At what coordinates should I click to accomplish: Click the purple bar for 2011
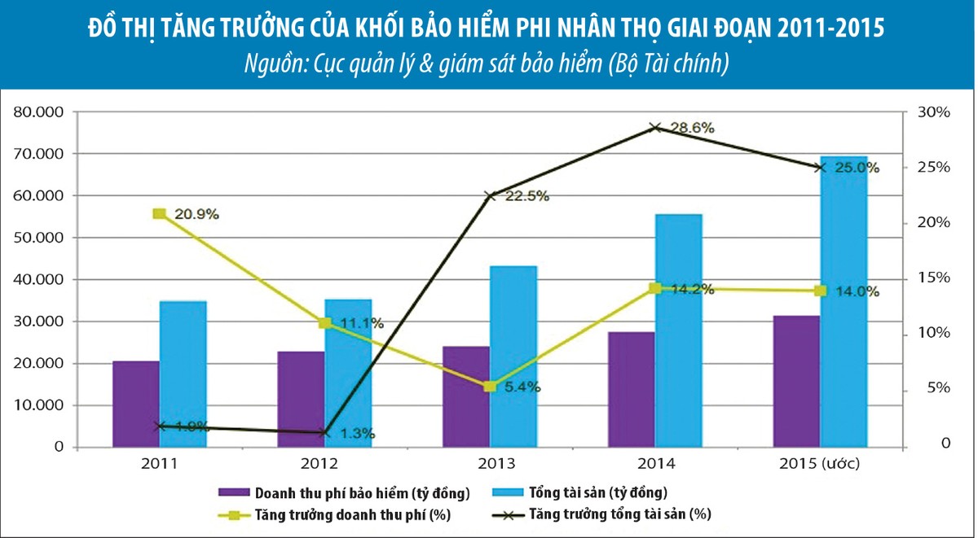pyautogui.click(x=136, y=404)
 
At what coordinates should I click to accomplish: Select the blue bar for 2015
pyautogui.click(x=844, y=301)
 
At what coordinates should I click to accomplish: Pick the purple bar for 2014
pyautogui.click(x=631, y=389)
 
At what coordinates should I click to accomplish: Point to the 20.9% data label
pyautogui.click(x=197, y=214)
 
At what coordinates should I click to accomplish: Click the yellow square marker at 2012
pyautogui.click(x=324, y=323)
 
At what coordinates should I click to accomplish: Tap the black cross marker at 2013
pyautogui.click(x=490, y=196)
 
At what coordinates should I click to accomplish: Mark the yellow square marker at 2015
pyautogui.click(x=820, y=291)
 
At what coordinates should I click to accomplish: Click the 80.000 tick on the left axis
pyautogui.click(x=40, y=112)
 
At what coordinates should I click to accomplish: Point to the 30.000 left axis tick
pyautogui.click(x=40, y=321)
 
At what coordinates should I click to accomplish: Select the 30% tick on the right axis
pyautogui.click(x=933, y=112)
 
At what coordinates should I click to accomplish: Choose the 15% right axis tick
pyautogui.click(x=933, y=278)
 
